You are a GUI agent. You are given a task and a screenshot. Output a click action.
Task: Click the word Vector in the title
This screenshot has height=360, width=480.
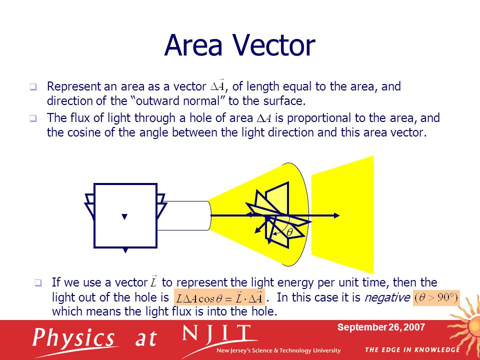(270, 45)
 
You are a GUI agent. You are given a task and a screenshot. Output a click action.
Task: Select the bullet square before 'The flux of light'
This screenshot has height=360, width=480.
(33, 119)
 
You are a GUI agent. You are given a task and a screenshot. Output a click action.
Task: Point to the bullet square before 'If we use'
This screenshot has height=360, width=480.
(38, 283)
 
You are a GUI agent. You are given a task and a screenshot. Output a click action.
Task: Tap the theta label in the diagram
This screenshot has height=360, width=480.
(289, 232)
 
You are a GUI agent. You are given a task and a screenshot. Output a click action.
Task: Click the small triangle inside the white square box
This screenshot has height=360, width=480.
(125, 216)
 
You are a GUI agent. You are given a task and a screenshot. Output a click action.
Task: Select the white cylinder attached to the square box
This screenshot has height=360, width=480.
(185, 215)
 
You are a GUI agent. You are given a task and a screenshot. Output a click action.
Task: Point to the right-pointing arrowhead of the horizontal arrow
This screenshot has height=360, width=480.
(337, 215)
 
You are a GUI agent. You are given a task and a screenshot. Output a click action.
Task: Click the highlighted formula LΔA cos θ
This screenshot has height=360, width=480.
(218, 298)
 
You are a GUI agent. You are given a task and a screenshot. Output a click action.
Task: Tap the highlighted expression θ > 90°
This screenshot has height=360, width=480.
(436, 297)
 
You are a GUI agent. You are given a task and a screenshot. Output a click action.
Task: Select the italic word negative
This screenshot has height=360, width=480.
(386, 297)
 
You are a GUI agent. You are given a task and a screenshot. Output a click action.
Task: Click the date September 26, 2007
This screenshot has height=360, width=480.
(381, 327)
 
